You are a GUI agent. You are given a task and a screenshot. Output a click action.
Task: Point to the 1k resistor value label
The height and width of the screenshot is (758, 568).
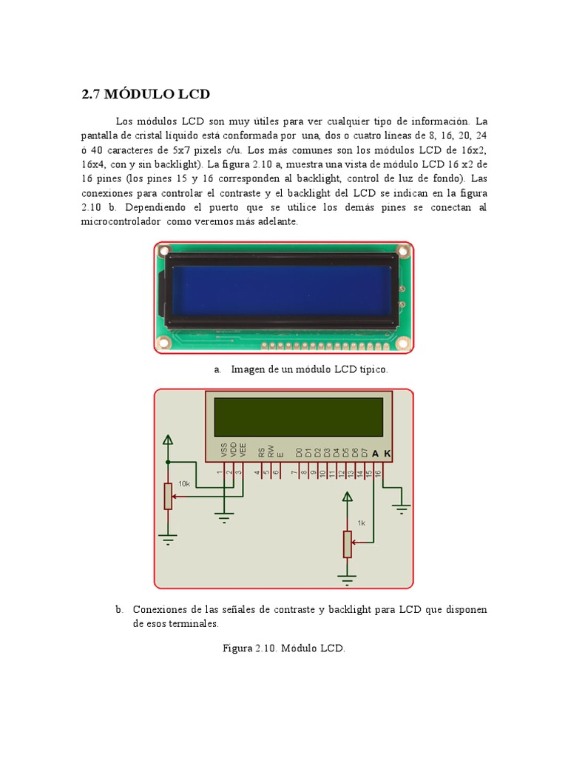pyautogui.click(x=361, y=523)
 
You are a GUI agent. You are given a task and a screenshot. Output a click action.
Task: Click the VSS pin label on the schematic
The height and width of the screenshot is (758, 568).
pyautogui.click(x=223, y=449)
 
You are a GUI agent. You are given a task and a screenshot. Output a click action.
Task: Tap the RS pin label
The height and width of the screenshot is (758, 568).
pyautogui.click(x=261, y=451)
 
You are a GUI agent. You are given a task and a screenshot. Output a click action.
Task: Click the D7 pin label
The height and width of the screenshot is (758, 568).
pyautogui.click(x=364, y=451)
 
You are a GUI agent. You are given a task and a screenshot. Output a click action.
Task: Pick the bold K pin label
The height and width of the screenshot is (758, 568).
pyautogui.click(x=387, y=453)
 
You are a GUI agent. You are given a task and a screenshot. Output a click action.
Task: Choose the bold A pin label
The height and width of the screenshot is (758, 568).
pyautogui.click(x=376, y=453)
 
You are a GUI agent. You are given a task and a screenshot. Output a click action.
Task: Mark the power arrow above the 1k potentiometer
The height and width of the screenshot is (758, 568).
pyautogui.click(x=346, y=497)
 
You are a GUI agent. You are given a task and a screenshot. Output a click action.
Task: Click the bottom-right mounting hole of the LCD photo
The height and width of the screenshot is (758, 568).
pyautogui.click(x=404, y=343)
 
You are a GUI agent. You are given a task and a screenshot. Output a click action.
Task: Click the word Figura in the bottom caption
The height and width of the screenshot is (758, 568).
pyautogui.click(x=237, y=648)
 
